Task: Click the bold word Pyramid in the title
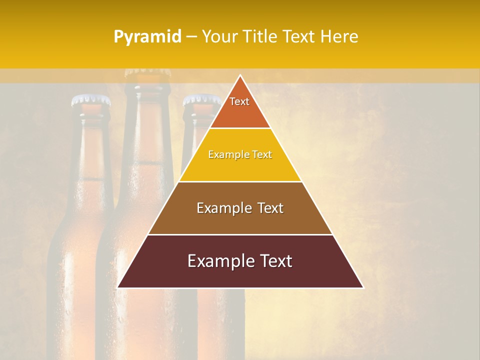pos(147,37)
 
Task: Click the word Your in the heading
pos(219,36)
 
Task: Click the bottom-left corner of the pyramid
pos(118,287)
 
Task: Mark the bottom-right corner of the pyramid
pos(362,287)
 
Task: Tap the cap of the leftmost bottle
pos(91,100)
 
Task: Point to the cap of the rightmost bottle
pos(201,100)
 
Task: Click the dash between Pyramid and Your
pos(191,37)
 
